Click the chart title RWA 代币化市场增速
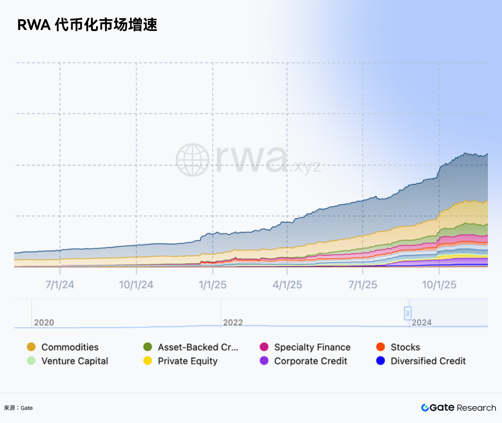pyautogui.click(x=87, y=25)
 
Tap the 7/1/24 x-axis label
pyautogui.click(x=60, y=285)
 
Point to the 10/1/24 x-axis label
pyautogui.click(x=136, y=285)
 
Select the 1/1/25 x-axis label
pyautogui.click(x=213, y=285)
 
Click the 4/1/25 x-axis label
pyautogui.click(x=287, y=285)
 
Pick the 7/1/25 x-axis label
pyautogui.click(x=363, y=285)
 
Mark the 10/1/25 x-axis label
pyautogui.click(x=439, y=285)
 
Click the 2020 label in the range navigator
pyautogui.click(x=44, y=323)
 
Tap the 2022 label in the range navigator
pyautogui.click(x=233, y=323)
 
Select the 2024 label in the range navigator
pyautogui.click(x=422, y=323)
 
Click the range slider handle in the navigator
pyautogui.click(x=408, y=313)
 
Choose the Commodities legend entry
pyautogui.click(x=63, y=347)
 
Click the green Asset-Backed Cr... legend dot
pyautogui.click(x=148, y=347)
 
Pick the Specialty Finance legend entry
pyautogui.click(x=305, y=347)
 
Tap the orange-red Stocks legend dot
pyautogui.click(x=380, y=347)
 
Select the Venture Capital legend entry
pyautogui.click(x=68, y=361)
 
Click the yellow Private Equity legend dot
pyautogui.click(x=148, y=361)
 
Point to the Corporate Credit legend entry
pyautogui.click(x=304, y=361)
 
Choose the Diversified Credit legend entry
pyautogui.click(x=421, y=361)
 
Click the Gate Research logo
pyautogui.click(x=458, y=408)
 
